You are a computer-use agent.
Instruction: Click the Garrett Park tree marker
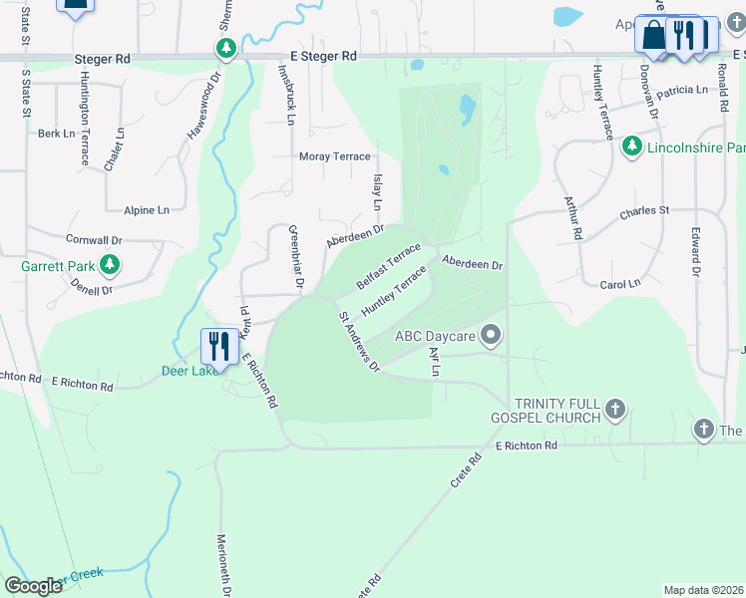click(x=111, y=266)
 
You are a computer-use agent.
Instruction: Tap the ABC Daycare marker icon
click(x=490, y=336)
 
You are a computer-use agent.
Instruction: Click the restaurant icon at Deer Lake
click(x=217, y=345)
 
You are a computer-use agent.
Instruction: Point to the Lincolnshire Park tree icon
click(x=631, y=148)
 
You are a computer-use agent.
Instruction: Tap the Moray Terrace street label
click(x=335, y=156)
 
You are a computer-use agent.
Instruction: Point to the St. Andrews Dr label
click(x=359, y=342)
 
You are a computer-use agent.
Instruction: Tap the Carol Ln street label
click(x=620, y=284)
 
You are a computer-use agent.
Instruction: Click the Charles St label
click(x=643, y=211)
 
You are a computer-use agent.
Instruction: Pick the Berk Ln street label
click(x=57, y=133)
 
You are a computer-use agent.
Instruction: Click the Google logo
click(x=33, y=585)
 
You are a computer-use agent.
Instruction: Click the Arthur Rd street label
click(x=571, y=218)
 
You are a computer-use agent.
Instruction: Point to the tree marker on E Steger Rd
click(x=227, y=48)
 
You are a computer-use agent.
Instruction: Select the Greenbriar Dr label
click(x=295, y=257)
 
